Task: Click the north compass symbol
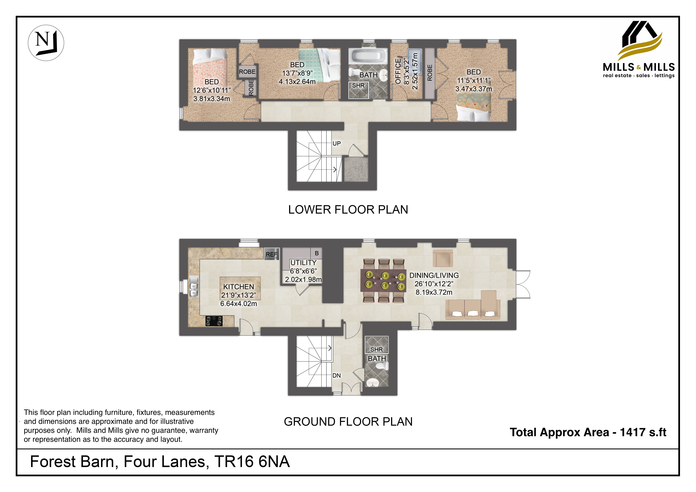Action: click(46, 43)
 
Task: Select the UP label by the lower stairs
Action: click(336, 143)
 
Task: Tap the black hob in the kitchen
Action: click(214, 321)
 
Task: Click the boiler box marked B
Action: click(316, 253)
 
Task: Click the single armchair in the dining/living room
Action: click(443, 258)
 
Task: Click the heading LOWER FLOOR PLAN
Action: click(348, 210)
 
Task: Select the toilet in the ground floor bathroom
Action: click(380, 366)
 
